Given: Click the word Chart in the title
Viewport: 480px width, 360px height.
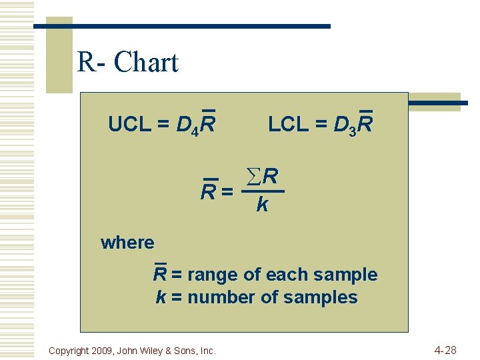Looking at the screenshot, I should pyautogui.click(x=146, y=63).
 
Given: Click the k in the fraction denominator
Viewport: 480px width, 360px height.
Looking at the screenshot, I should pyautogui.click(x=262, y=205).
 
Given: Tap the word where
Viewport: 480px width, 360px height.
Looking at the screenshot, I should pyautogui.click(x=127, y=243).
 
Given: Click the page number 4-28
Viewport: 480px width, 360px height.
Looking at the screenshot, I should pyautogui.click(x=445, y=349).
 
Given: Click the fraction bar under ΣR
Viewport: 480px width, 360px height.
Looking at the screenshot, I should pyautogui.click(x=263, y=192).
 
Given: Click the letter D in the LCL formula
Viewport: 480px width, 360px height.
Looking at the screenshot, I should pyautogui.click(x=341, y=125).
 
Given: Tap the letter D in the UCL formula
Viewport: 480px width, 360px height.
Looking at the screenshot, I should pyautogui.click(x=183, y=125).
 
